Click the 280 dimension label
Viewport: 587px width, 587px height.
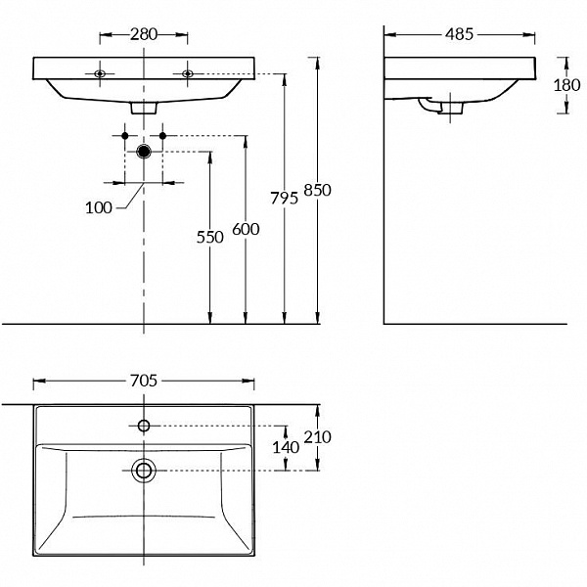point(144,34)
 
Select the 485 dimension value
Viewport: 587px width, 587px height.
point(459,34)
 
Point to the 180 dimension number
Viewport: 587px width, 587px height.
point(566,85)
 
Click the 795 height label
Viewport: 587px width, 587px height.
point(284,199)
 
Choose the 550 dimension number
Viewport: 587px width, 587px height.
point(209,237)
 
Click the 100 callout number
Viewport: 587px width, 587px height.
point(98,207)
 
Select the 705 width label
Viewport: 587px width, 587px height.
point(144,381)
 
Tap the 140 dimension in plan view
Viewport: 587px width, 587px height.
point(284,447)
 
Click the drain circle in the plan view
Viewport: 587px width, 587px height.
point(144,471)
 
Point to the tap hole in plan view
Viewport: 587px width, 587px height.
point(144,425)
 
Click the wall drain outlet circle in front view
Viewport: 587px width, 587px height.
point(145,151)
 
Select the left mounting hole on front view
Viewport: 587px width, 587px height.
point(100,73)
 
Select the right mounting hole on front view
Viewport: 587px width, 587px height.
point(187,73)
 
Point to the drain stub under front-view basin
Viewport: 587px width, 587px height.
point(145,107)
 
